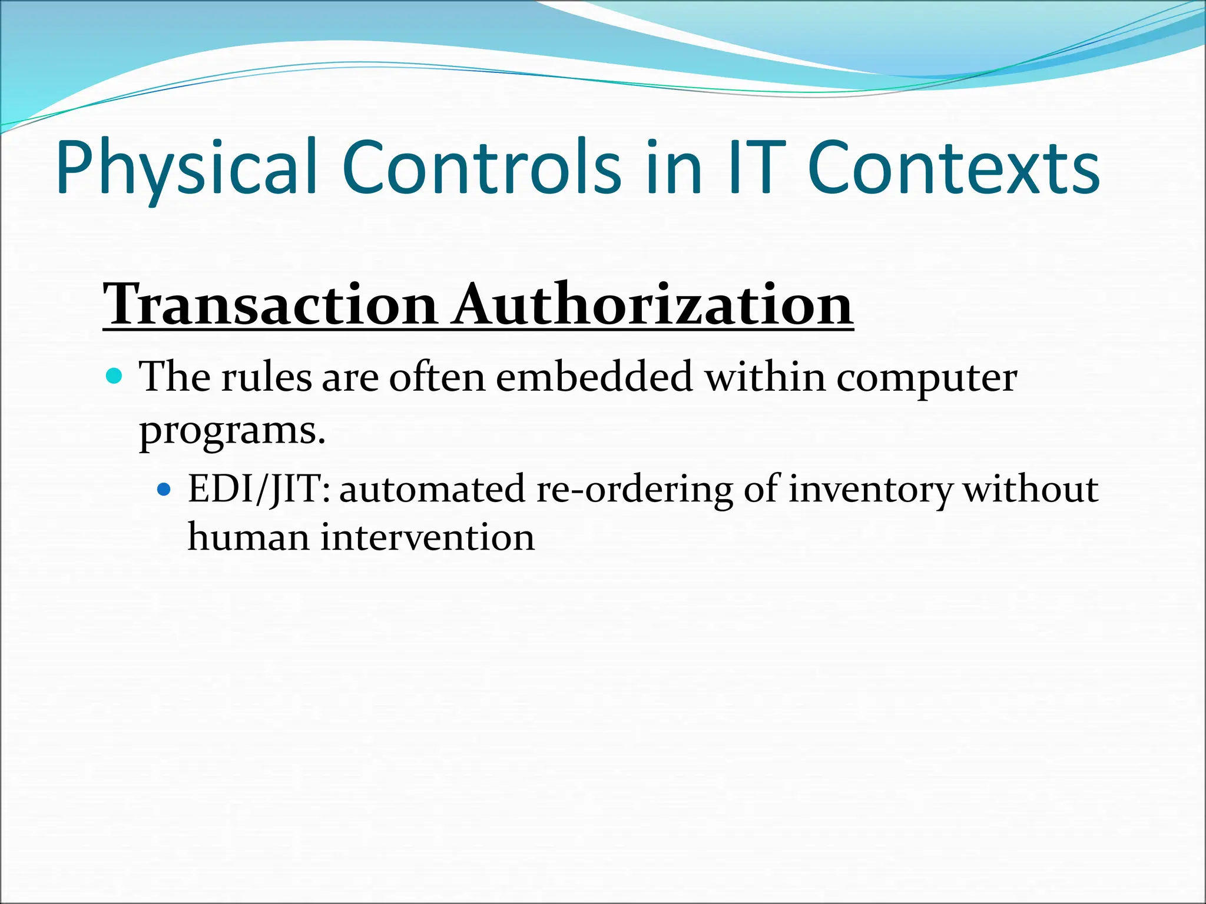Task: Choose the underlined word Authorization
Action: pyautogui.click(x=652, y=305)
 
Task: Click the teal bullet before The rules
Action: pyautogui.click(x=115, y=375)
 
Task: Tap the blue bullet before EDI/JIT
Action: pyautogui.click(x=164, y=488)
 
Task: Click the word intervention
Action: pyautogui.click(x=428, y=538)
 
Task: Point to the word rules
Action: pyautogui.click(x=266, y=377)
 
